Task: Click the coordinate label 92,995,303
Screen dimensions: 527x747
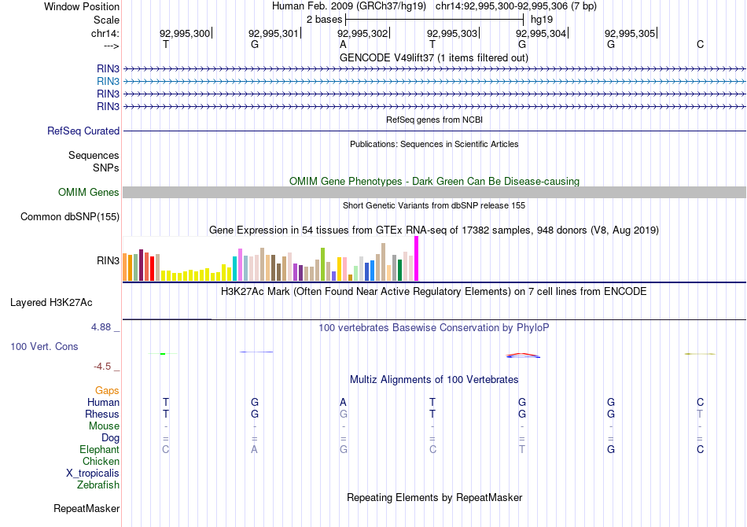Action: click(452, 33)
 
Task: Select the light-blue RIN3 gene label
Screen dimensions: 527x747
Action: click(108, 81)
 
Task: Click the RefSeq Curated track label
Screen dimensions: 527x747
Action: click(83, 131)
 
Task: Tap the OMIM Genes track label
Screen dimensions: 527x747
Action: click(89, 192)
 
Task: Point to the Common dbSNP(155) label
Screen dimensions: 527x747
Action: click(70, 217)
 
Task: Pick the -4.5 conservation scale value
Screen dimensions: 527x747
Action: click(103, 366)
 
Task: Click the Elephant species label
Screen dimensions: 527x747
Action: click(99, 449)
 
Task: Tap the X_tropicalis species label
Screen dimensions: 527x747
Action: click(93, 473)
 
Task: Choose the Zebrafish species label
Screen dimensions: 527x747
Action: click(98, 485)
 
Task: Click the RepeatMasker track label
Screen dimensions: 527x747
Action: click(86, 508)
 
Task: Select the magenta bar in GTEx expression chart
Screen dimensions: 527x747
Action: click(416, 258)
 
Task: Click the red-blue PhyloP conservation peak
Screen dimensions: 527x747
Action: click(523, 356)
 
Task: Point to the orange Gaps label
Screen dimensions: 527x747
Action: click(107, 390)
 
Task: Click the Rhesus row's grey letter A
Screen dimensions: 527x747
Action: click(343, 414)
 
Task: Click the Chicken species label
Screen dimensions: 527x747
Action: click(101, 461)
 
